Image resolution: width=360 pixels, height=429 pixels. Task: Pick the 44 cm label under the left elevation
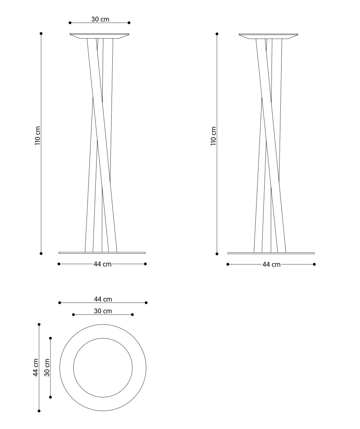[x=102, y=264]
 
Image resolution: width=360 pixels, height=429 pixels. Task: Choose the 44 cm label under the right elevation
[x=272, y=264]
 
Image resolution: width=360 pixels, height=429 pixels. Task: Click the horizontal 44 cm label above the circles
[x=103, y=299]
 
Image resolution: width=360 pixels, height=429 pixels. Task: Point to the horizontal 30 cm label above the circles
[x=103, y=311]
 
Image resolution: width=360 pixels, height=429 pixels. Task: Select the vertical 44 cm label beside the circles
[x=35, y=367]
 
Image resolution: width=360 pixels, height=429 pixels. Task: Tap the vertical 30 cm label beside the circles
[x=47, y=367]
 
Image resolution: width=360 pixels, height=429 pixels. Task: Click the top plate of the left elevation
[x=99, y=36]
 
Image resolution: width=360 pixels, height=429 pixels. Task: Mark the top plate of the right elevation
[x=268, y=36]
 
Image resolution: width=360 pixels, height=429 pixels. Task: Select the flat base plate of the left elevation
[x=102, y=253]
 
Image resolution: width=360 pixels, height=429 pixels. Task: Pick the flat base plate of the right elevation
[x=271, y=253]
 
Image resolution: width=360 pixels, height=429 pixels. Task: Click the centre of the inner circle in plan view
[x=103, y=367]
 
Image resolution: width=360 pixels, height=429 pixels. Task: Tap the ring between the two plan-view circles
[x=67, y=367]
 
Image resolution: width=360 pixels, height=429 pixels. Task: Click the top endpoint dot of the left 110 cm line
[x=41, y=33]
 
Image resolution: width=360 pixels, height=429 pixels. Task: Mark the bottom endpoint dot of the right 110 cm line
[x=217, y=254]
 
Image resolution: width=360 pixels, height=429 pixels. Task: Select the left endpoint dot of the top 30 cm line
[x=70, y=23]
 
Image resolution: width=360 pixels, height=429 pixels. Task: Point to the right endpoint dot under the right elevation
[x=315, y=264]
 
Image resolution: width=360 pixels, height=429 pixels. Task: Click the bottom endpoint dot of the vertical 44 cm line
[x=39, y=411]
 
